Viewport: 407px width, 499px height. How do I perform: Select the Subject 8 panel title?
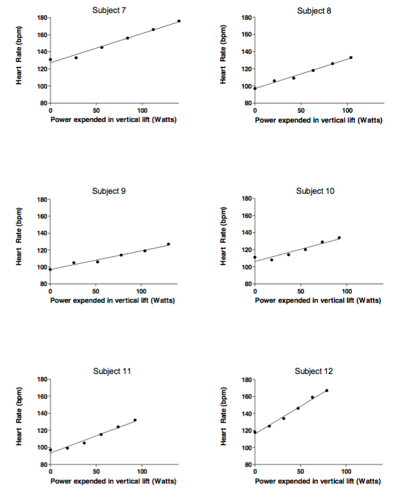tap(314, 11)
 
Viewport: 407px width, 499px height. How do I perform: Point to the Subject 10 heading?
tap(315, 191)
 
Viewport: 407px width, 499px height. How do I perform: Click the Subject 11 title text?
tap(112, 371)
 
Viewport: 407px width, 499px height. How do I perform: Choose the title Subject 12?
tap(314, 371)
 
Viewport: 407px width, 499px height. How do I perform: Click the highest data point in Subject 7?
tap(179, 21)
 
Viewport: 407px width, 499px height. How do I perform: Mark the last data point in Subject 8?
tap(351, 58)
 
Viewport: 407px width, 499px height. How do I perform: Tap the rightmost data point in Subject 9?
tap(168, 244)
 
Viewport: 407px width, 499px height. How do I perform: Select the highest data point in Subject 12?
tap(326, 391)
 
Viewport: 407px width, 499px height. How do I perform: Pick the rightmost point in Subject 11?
tap(135, 420)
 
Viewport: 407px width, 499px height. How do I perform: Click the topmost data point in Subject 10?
tap(339, 238)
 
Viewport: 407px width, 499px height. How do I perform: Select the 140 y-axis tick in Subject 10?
tap(245, 233)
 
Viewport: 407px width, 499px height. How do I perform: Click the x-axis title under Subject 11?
tap(112, 481)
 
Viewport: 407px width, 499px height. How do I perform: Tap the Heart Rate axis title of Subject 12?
tap(224, 421)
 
